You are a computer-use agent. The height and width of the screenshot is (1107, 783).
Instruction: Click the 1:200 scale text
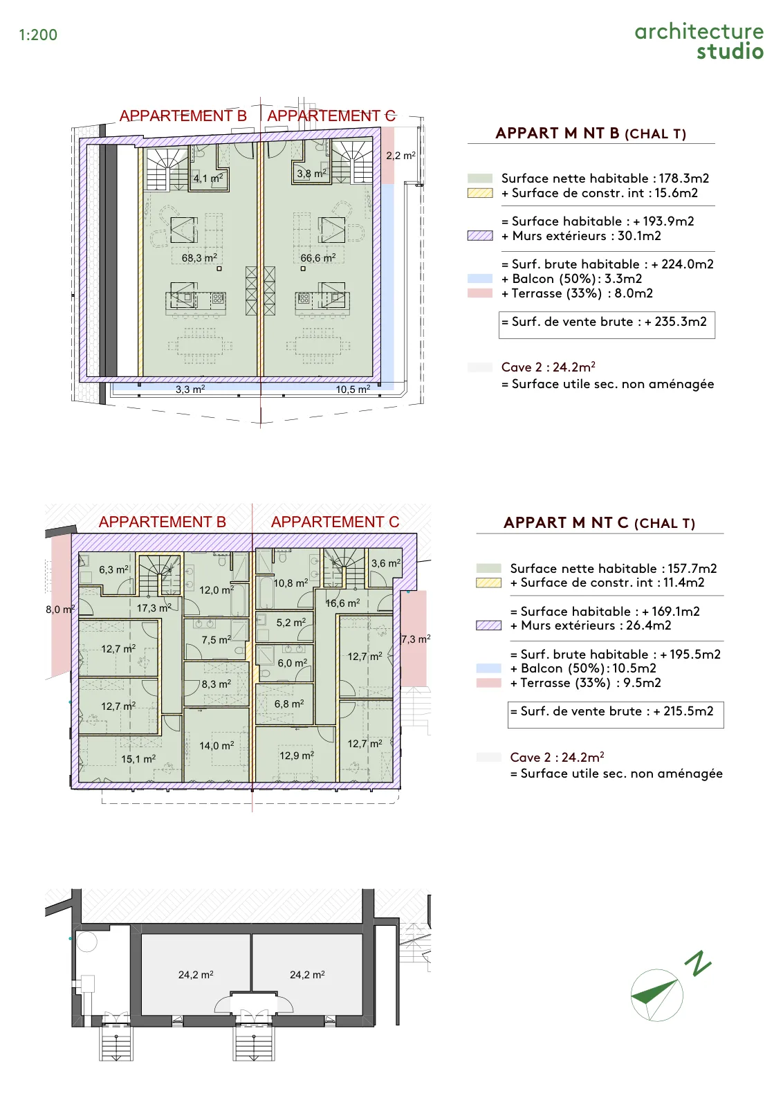pyautogui.click(x=38, y=35)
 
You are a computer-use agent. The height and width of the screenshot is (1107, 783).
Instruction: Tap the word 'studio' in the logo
pyautogui.click(x=730, y=51)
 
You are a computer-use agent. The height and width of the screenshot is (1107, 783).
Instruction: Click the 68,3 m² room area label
pyautogui.click(x=199, y=257)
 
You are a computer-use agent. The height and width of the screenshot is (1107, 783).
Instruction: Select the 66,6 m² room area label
pyautogui.click(x=318, y=257)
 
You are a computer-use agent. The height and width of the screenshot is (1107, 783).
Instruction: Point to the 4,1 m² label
pyautogui.click(x=208, y=178)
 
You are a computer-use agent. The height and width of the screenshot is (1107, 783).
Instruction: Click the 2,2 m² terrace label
pyautogui.click(x=400, y=156)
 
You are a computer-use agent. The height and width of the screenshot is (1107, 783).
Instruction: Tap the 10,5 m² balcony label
pyautogui.click(x=353, y=390)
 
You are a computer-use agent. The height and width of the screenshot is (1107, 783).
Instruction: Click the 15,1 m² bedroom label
pyautogui.click(x=138, y=758)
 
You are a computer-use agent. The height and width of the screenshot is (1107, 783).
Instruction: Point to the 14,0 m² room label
pyautogui.click(x=217, y=745)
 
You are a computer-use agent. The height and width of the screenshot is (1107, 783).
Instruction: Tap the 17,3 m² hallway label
pyautogui.click(x=154, y=608)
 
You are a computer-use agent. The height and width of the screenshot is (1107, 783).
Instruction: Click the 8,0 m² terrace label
pyautogui.click(x=60, y=610)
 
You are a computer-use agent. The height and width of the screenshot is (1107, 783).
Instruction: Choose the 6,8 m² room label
pyautogui.click(x=289, y=703)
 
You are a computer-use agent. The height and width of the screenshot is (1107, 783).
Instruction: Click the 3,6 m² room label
pyautogui.click(x=386, y=563)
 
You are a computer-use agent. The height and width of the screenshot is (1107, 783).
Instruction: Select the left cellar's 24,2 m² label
pyautogui.click(x=196, y=975)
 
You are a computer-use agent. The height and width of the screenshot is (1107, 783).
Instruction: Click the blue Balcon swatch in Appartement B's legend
pyautogui.click(x=480, y=279)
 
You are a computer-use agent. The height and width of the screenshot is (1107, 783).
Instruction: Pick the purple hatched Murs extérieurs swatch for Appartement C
pyautogui.click(x=488, y=625)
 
